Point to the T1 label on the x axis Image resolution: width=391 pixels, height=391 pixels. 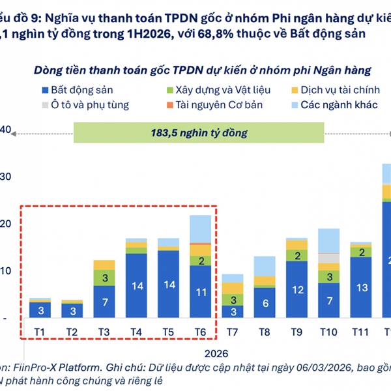tap(40, 332)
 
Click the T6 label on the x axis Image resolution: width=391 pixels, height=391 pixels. tap(200, 332)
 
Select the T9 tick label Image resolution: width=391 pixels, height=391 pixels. tap(296, 332)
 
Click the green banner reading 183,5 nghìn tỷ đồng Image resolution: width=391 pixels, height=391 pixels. tap(199, 133)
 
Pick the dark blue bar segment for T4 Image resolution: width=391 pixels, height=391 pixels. tap(136, 285)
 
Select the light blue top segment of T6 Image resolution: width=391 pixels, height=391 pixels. tap(200, 229)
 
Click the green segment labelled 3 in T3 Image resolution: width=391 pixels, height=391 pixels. tap(104, 278)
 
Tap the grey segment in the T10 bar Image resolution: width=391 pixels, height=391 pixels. tap(328, 258)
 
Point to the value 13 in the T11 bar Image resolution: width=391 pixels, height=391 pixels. tap(360, 287)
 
